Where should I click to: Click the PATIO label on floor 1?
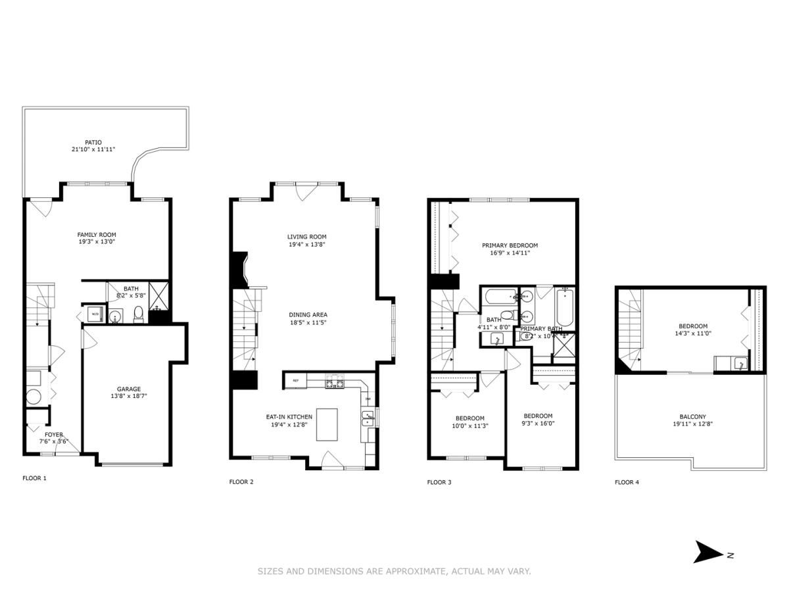[x=93, y=142]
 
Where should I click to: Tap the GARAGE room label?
[x=129, y=389]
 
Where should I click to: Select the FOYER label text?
[x=54, y=434]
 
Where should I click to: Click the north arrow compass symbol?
[x=709, y=553]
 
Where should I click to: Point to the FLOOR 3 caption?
[x=439, y=482]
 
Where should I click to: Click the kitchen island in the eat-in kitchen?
[x=327, y=424]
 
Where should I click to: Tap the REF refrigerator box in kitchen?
[x=296, y=380]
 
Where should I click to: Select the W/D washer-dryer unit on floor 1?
[x=95, y=314]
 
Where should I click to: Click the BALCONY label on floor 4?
[x=692, y=416]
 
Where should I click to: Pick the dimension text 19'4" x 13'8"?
[x=306, y=244]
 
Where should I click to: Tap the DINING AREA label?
[x=308, y=314]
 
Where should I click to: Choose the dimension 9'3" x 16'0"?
[x=537, y=424]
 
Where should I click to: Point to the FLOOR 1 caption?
[x=35, y=478]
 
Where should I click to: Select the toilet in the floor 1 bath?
[x=139, y=315]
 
